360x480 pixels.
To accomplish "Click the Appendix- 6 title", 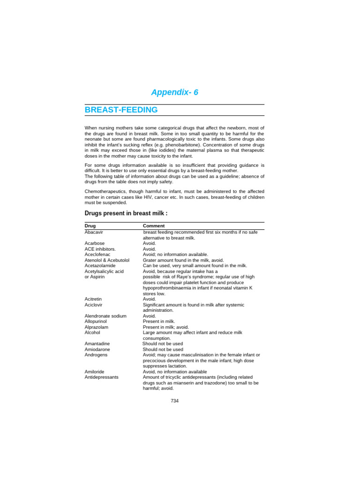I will coord(174,92).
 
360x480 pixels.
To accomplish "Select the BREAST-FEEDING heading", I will coord(121,110).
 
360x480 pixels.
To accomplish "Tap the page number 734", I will coord(174,401).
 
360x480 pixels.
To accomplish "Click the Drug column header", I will coord(90,226).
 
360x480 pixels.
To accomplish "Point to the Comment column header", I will coord(154,226).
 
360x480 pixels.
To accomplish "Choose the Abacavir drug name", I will coord(94,232).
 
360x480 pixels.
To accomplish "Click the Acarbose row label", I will coord(95,243).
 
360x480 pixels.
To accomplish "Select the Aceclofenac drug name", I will coord(97,255).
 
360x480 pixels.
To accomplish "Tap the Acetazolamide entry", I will coord(100,265).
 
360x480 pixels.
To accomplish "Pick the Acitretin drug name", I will coord(93,299).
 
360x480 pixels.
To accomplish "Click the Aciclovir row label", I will coord(93,305).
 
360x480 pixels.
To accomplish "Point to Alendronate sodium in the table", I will coord(105,316).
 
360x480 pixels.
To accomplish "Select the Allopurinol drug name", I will coord(96,322).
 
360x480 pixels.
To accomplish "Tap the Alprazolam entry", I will coord(96,327).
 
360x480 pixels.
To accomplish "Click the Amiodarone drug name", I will coord(97,349).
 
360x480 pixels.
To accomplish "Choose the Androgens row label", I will coord(96,355).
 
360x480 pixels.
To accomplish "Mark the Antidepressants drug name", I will coord(101,377).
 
